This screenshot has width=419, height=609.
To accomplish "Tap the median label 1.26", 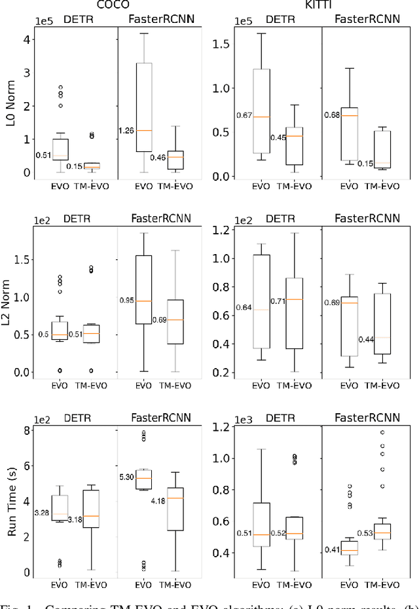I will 126,130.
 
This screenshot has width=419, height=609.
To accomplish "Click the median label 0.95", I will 127,301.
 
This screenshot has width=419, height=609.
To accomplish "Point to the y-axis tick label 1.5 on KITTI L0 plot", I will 221,44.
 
